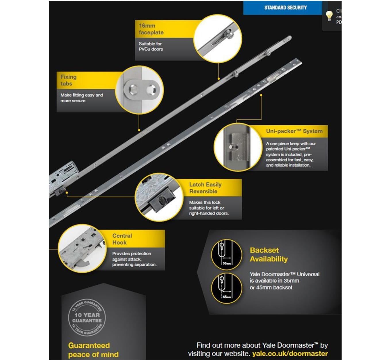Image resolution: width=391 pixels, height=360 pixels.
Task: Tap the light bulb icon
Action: coord(329,16)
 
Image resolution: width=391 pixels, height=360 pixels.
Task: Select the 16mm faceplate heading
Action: coord(151,29)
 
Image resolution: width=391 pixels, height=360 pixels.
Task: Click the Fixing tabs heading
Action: coord(68,80)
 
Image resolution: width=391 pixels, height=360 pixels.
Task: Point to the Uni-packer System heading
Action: coord(294,131)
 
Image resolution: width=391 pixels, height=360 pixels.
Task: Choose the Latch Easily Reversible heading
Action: coord(205,188)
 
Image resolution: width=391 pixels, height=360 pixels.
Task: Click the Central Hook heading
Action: coord(122,239)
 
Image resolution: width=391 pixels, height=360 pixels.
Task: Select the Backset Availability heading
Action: coord(268,254)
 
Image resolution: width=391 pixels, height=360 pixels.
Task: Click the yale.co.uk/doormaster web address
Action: coord(290,353)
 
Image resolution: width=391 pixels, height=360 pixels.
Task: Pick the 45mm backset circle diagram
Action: coord(227,288)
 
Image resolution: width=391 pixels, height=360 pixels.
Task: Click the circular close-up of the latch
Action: coord(159,197)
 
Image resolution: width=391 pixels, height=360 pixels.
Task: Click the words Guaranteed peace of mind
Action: coord(93,350)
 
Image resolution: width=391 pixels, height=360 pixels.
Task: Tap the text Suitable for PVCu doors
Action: coord(151,46)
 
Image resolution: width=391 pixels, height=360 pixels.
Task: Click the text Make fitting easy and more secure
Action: coord(82,98)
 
